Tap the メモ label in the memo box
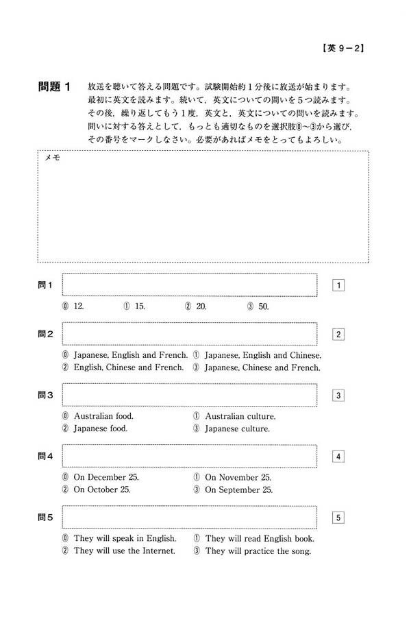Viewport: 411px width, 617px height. pos(52,158)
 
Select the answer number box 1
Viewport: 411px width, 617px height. pos(338,285)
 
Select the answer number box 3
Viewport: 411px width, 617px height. pos(338,395)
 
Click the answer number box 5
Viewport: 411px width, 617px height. pos(338,517)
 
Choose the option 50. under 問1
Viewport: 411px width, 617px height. pos(258,306)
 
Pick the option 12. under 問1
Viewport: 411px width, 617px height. pos(73,306)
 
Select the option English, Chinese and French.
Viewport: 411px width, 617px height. pos(123,367)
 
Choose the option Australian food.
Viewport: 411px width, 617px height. pos(98,416)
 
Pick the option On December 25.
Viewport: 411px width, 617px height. pos(101,477)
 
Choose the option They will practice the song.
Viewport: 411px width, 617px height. pos(251,551)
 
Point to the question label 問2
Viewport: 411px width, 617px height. pos(46,334)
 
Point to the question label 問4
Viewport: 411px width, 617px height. pos(46,456)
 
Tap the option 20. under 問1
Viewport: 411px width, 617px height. pos(196,306)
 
